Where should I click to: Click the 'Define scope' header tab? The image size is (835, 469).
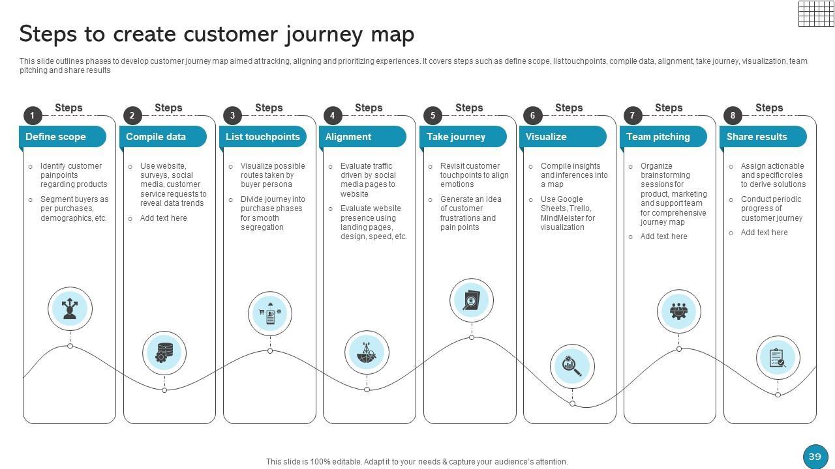click(63, 137)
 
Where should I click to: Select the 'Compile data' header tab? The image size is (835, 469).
click(162, 137)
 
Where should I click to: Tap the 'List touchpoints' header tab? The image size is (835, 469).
click(263, 137)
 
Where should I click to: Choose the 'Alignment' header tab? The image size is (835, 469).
click(363, 137)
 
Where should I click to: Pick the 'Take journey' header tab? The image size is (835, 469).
click(463, 137)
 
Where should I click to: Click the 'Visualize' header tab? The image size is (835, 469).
click(563, 137)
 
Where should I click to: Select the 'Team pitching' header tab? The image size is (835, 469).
click(663, 137)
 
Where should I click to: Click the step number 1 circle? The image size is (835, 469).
click(32, 116)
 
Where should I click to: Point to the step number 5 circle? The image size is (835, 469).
click(433, 116)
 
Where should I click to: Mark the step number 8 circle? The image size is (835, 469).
click(733, 116)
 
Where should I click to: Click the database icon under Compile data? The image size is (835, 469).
click(164, 353)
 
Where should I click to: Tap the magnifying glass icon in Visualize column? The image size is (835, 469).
click(572, 365)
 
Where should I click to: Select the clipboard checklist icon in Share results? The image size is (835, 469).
click(778, 358)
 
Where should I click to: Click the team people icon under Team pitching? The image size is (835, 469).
click(679, 311)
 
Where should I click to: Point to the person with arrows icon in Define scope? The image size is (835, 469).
click(70, 308)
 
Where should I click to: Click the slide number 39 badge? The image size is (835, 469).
click(815, 457)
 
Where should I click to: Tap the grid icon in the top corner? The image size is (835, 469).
click(816, 13)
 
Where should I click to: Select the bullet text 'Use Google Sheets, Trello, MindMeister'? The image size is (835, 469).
click(567, 213)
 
